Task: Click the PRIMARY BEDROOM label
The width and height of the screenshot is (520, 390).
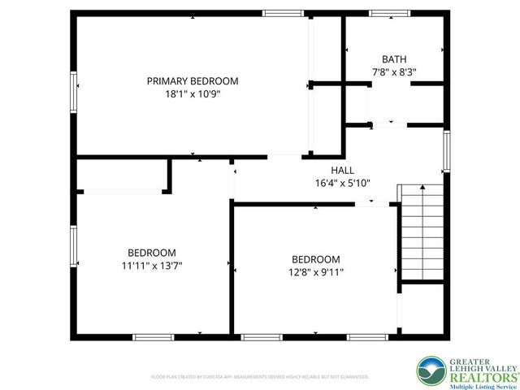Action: pos(193,80)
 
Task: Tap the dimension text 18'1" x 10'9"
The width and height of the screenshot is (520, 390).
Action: pos(193,93)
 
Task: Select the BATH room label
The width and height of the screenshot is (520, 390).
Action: pos(394,58)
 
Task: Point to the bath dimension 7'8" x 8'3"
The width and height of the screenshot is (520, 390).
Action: pos(394,71)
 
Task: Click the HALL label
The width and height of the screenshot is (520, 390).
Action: pos(342,170)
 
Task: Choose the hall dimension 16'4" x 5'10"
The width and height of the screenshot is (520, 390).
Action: pos(342,183)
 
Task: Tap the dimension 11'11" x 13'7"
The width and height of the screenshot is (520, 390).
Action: pos(151,265)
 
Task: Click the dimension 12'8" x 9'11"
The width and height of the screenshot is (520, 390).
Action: pos(316,272)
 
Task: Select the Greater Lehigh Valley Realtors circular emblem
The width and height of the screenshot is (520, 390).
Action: pos(431,370)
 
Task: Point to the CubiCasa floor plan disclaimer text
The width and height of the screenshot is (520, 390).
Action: pos(260,377)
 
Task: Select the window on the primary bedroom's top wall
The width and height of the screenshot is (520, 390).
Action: pos(283,13)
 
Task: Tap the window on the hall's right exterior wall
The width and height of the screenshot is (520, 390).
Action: pos(446,151)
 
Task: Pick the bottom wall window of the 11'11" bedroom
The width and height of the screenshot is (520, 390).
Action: pos(153,336)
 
